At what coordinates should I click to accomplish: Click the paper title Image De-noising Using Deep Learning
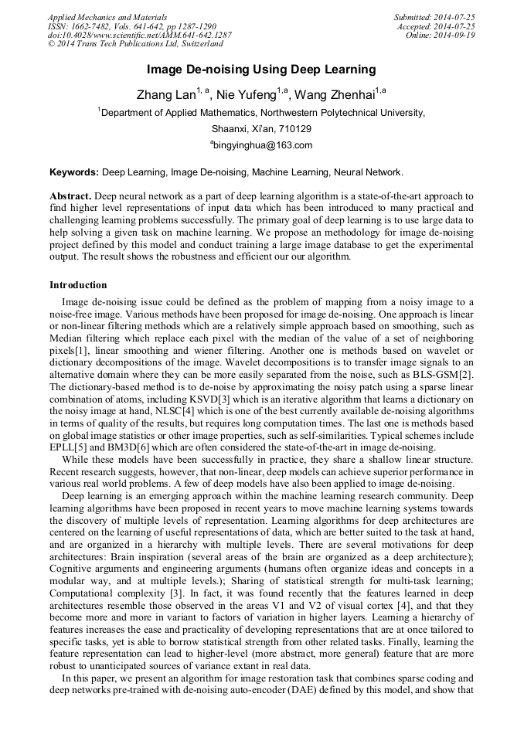(261, 70)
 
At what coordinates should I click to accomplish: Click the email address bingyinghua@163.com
(263, 145)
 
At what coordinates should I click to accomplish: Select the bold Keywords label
(75, 172)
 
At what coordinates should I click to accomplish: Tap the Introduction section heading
(78, 285)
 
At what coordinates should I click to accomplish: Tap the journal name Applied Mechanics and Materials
(107, 17)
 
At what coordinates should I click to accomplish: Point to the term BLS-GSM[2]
(444, 374)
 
